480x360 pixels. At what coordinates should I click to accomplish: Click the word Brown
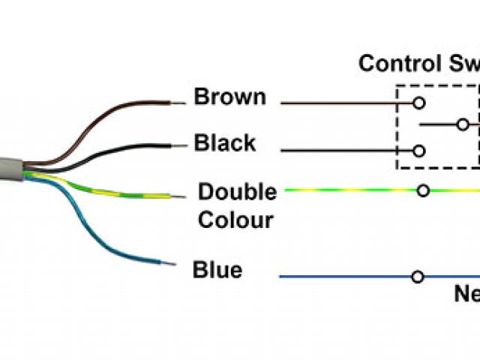click(229, 97)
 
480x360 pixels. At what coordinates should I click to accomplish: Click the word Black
click(225, 142)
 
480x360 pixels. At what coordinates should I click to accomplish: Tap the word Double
click(237, 192)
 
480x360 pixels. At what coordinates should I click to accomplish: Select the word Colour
click(235, 220)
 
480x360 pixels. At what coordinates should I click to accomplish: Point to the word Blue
click(217, 269)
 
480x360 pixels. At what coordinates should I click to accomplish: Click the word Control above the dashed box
click(394, 63)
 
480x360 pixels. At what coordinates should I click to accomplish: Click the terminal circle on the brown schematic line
click(418, 101)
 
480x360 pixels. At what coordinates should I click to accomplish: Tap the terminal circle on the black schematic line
click(418, 151)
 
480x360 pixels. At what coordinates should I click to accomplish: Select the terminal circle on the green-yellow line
click(423, 191)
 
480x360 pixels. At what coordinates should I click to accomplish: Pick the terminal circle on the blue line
click(418, 277)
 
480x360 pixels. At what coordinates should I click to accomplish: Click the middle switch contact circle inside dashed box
click(463, 124)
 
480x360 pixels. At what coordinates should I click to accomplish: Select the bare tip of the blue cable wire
click(170, 263)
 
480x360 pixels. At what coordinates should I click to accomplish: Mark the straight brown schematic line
click(345, 101)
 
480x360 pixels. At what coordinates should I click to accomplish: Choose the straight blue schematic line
click(345, 277)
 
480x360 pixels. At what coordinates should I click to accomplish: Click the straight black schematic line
click(345, 151)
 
